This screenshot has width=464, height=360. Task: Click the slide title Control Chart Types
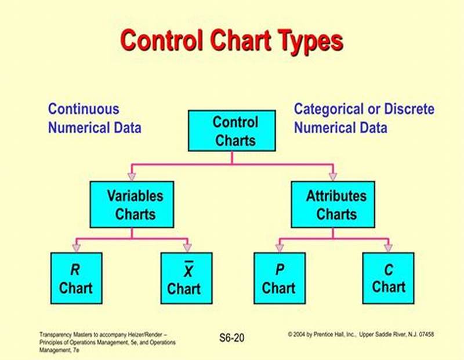point(231,41)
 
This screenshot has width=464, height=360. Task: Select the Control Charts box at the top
point(231,130)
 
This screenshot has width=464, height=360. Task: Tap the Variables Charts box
point(131,205)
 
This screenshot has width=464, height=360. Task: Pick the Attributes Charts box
point(332,205)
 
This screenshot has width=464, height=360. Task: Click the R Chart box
point(76,278)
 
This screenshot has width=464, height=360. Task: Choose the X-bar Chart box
point(186,278)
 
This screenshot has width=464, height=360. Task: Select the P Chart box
point(278,278)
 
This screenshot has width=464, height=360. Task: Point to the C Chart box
point(388,278)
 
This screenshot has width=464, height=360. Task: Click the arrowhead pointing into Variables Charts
point(132,176)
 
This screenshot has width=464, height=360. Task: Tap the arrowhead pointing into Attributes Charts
point(332,176)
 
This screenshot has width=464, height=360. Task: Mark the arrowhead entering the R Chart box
point(76,248)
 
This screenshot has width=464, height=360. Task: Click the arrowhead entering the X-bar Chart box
point(187,248)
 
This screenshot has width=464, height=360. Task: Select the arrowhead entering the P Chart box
point(279,248)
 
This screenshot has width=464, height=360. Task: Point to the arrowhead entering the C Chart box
point(388,248)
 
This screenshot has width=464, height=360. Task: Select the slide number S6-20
point(231,337)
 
